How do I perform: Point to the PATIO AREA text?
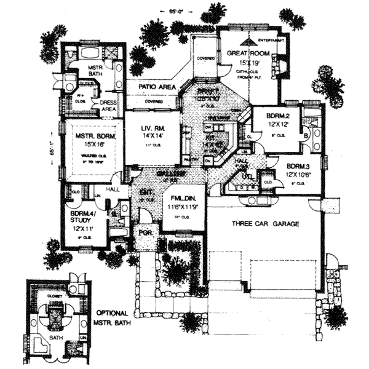156,88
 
